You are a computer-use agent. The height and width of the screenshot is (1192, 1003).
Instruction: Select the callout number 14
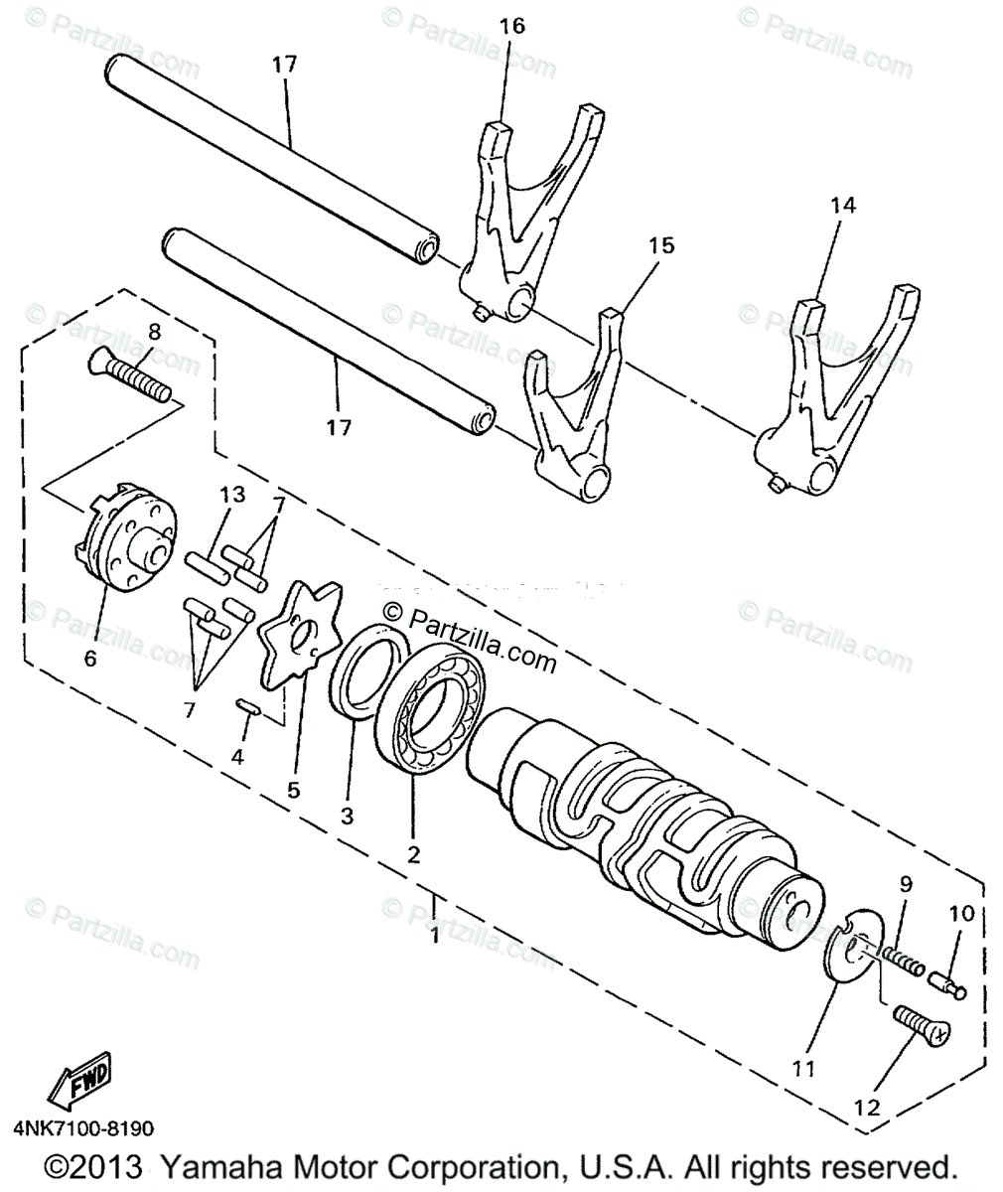point(843,206)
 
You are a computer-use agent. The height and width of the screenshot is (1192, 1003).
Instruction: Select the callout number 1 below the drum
point(434,936)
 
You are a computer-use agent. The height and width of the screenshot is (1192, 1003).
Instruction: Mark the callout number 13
point(230,495)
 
